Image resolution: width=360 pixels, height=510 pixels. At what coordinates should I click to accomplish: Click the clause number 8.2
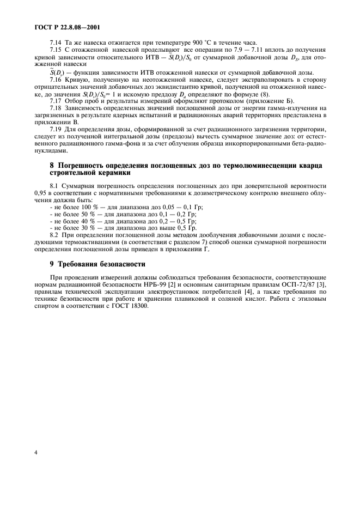(x=55, y=236)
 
